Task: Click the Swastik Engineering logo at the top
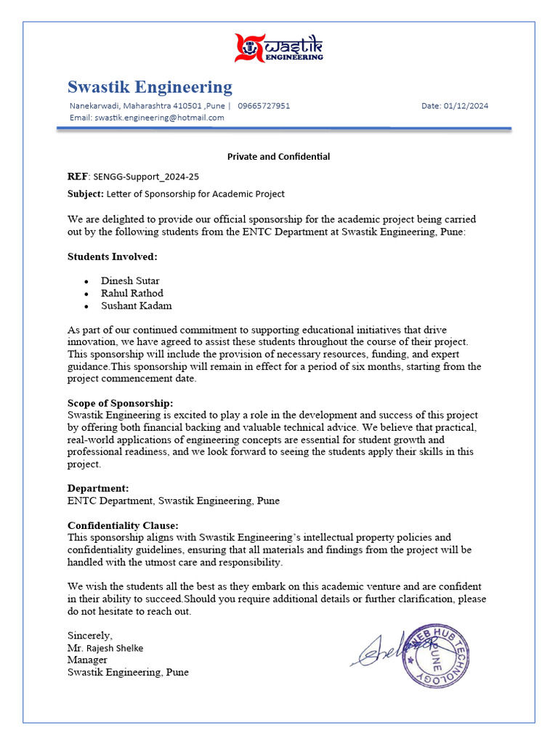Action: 279,48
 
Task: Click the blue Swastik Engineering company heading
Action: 150,87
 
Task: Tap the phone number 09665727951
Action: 264,106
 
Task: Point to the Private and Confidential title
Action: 278,156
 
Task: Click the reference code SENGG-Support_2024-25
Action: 146,177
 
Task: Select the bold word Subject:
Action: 86,194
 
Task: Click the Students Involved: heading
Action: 113,256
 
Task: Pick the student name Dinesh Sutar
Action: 130,281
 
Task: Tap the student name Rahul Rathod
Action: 132,294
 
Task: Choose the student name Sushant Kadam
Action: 137,306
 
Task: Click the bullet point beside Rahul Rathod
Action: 86,294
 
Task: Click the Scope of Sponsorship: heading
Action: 121,403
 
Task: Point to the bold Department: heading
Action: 98,488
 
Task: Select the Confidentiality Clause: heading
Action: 123,525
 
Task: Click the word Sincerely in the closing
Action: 90,635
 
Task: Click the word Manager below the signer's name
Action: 87,660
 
